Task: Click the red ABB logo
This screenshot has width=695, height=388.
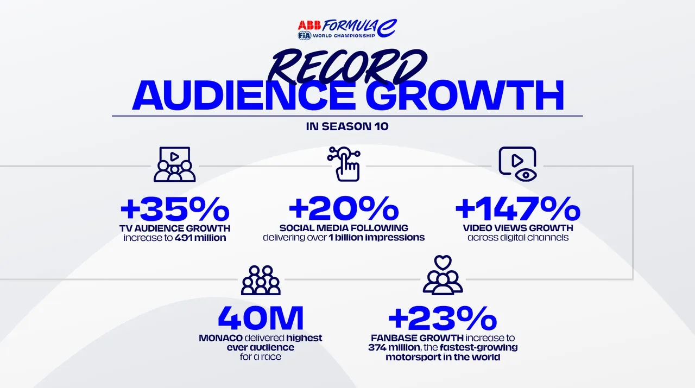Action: pos(309,25)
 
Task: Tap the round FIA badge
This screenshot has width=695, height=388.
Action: pos(305,36)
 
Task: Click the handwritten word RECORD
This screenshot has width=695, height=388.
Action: pos(347,66)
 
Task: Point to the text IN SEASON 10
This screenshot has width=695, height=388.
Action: pos(347,126)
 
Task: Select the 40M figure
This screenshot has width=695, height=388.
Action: pos(261,317)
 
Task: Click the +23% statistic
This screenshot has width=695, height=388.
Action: pos(443,317)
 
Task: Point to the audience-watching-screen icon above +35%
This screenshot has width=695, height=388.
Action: pos(175,164)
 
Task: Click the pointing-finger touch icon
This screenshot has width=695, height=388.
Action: pos(344,164)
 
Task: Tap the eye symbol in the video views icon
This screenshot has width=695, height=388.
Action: pos(526,175)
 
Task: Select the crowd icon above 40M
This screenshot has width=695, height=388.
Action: pos(261,280)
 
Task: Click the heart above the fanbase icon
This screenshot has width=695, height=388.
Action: pos(443,263)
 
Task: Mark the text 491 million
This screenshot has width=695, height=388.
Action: pos(200,238)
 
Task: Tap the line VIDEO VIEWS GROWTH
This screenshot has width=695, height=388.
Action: pos(518,228)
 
